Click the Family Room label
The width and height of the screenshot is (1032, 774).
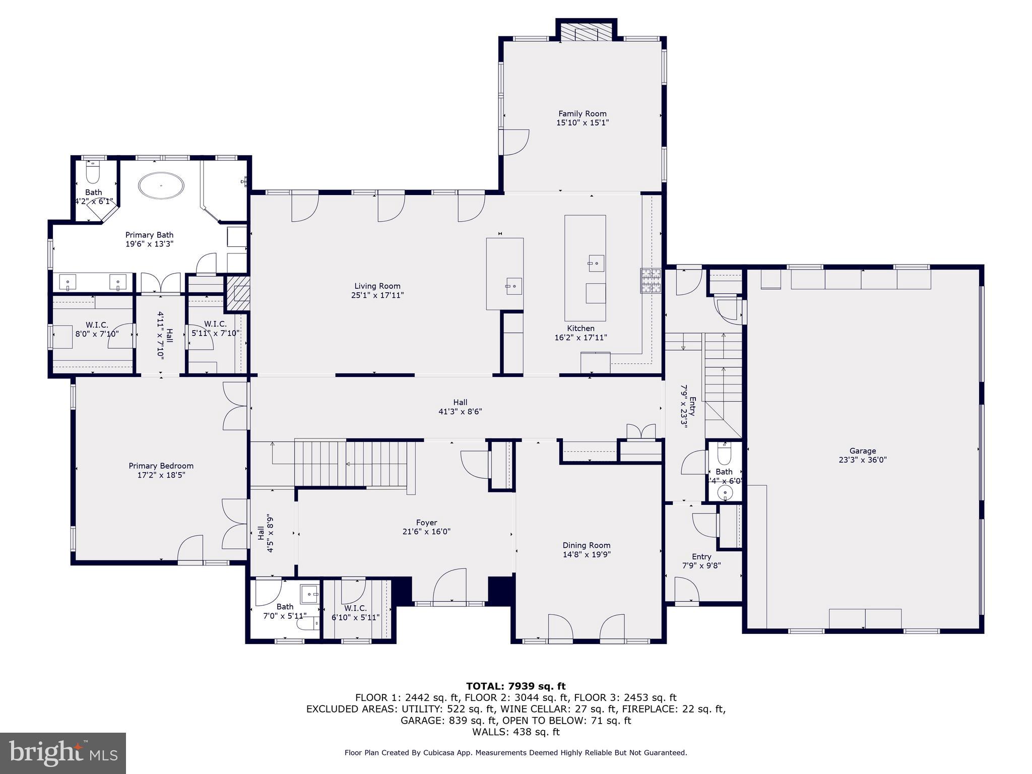tap(582, 114)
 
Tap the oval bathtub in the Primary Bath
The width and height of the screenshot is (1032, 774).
tap(161, 185)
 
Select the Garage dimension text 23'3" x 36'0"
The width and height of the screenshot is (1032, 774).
tap(862, 460)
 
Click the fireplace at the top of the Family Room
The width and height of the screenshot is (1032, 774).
tap(586, 34)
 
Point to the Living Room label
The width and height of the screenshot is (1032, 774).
tap(377, 286)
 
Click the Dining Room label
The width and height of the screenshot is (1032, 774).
tap(586, 545)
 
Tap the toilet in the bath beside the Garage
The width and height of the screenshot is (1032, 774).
tap(724, 455)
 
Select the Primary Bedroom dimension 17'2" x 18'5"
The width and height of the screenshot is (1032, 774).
tap(161, 475)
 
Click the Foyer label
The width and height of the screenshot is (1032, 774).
tap(426, 523)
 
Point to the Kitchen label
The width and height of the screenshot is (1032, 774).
tap(580, 329)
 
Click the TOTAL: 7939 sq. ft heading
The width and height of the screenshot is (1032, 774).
tap(515, 686)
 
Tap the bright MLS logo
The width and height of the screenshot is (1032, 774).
tap(63, 753)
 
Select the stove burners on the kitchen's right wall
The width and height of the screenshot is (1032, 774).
tap(650, 281)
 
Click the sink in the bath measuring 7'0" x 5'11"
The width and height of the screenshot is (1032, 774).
tap(309, 595)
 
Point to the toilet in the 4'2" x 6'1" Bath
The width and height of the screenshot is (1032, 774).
tap(93, 174)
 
